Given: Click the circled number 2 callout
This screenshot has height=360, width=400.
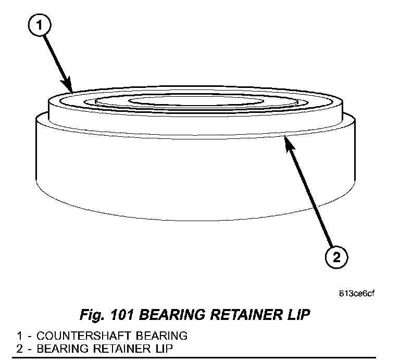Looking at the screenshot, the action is (x=337, y=258).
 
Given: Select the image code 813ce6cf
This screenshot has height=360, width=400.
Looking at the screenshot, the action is (x=357, y=293).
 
